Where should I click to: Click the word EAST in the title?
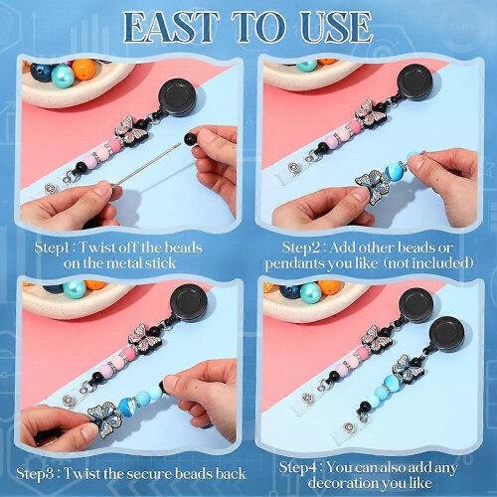[x=171, y=28]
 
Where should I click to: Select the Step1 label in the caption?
[x=52, y=248]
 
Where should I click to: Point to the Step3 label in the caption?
[x=35, y=474]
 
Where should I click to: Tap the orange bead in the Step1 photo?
[x=83, y=70]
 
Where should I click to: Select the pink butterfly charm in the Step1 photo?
[x=131, y=132]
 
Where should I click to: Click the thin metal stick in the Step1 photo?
[x=148, y=164]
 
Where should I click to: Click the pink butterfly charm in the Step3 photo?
[x=145, y=339]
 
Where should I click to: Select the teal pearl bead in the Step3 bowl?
[x=75, y=289]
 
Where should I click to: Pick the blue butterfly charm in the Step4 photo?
[x=408, y=369]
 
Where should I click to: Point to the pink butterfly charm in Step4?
[x=377, y=340]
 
